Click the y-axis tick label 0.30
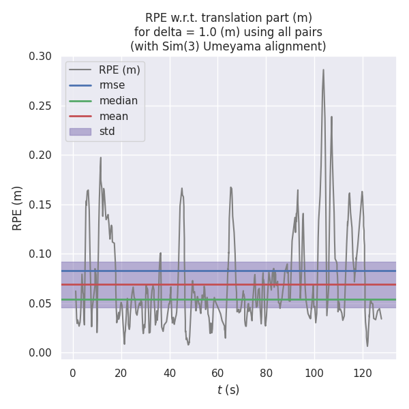point(40,56)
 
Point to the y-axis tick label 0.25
point(40,106)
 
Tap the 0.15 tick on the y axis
point(40,204)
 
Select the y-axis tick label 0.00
point(40,352)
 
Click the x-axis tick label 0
point(73,373)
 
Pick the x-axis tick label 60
point(217,373)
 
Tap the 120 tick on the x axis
point(363,373)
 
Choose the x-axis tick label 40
point(169,373)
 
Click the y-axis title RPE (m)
point(18,207)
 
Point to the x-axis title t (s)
point(228,390)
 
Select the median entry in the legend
point(118,101)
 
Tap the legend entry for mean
point(113,116)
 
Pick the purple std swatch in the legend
point(80,132)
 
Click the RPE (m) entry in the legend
point(119,70)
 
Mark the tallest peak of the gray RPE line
point(323,70)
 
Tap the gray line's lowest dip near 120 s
point(367,346)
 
